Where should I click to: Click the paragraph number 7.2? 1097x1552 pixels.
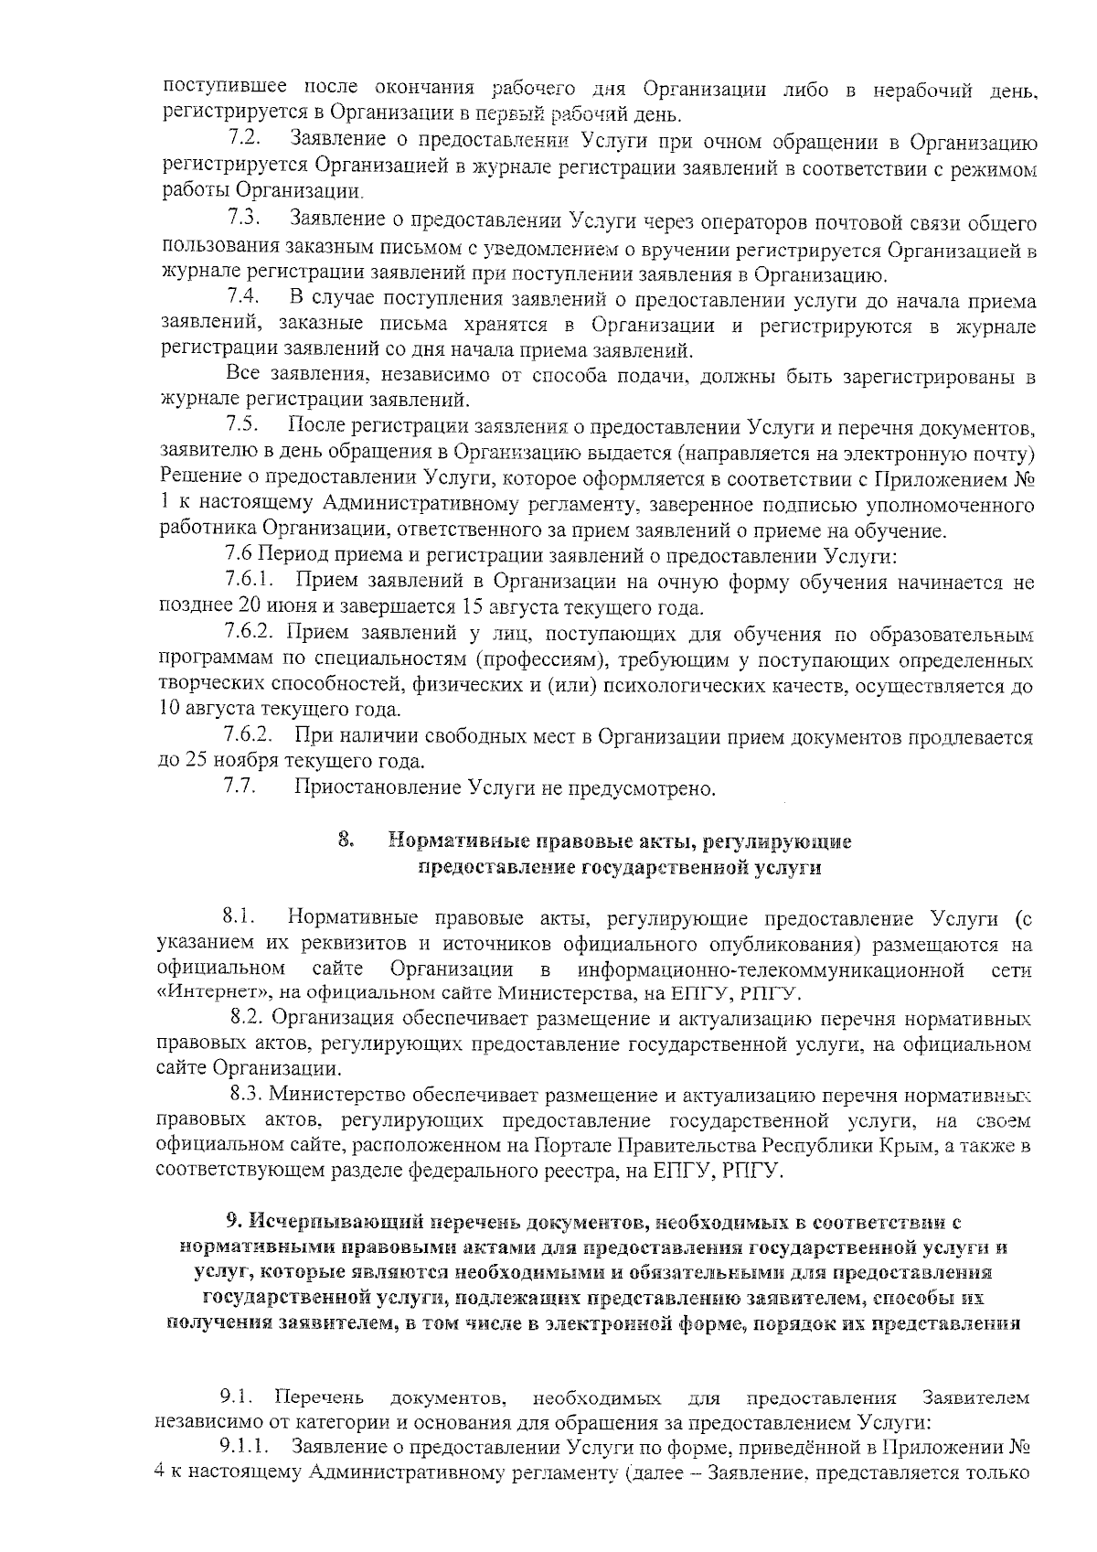tap(244, 140)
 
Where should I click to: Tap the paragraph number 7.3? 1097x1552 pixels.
tap(244, 220)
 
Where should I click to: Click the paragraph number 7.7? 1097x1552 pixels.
tap(240, 787)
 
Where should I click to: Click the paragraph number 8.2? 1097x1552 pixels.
tap(248, 1019)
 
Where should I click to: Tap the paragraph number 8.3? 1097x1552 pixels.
tap(248, 1095)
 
